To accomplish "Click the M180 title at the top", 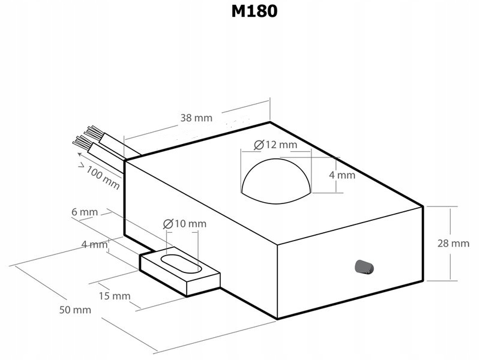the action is pyautogui.click(x=254, y=11).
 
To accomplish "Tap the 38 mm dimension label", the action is pyautogui.click(x=196, y=118).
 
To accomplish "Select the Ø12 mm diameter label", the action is pyautogui.click(x=275, y=145).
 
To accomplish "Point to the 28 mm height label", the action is pyautogui.click(x=453, y=244).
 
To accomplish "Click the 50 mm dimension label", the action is pyautogui.click(x=75, y=310).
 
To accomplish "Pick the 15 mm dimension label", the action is pyautogui.click(x=115, y=296).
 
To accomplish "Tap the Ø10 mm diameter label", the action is pyautogui.click(x=185, y=224).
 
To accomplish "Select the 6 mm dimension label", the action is pyautogui.click(x=85, y=212).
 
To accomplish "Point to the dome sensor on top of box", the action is pyautogui.click(x=276, y=181).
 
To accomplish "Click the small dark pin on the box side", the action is pyautogui.click(x=364, y=266).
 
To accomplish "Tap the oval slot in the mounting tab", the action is pyautogui.click(x=181, y=263).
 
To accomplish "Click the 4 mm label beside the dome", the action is pyautogui.click(x=342, y=175).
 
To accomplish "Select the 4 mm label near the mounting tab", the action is pyautogui.click(x=95, y=245).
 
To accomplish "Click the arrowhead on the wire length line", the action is pyautogui.click(x=80, y=154).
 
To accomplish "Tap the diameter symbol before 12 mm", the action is pyautogui.click(x=259, y=145).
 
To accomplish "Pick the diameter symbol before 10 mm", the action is pyautogui.click(x=168, y=224).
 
